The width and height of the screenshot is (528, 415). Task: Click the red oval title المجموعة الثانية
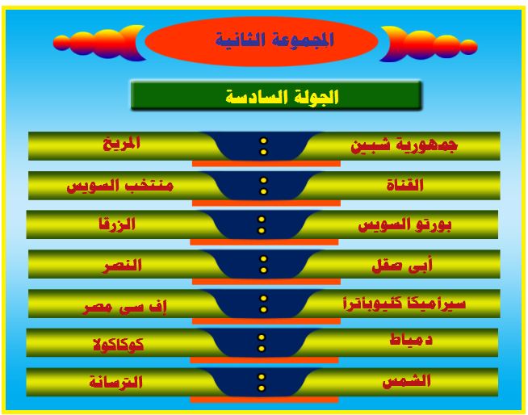coord(262,41)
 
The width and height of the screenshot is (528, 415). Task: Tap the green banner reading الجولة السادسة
coord(276,95)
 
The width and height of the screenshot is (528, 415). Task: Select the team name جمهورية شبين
coord(404,145)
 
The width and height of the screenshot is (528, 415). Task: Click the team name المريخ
coord(121,144)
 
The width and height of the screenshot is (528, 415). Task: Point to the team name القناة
coord(404,185)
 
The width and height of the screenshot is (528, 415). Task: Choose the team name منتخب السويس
coord(119,186)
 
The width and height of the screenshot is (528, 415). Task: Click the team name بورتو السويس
coord(404,225)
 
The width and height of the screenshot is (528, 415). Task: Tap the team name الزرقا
coord(117,224)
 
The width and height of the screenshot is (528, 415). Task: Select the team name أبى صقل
coord(402,266)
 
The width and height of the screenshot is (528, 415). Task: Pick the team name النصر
coord(123,266)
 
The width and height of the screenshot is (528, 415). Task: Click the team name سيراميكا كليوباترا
coord(404,304)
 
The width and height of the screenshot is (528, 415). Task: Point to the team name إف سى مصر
coord(124,308)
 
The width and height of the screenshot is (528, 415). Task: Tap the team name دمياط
coord(411,340)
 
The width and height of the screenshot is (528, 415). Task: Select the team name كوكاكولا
coord(119,345)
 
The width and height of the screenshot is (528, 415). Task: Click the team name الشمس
coord(406,381)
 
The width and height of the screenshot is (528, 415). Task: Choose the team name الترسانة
coord(115,383)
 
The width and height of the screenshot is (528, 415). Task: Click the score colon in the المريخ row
coord(264,146)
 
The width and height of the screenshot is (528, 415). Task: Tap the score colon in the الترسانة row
coord(262,383)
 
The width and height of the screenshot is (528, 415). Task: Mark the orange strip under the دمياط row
coord(264,360)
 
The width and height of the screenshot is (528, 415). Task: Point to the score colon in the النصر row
coord(264,265)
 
